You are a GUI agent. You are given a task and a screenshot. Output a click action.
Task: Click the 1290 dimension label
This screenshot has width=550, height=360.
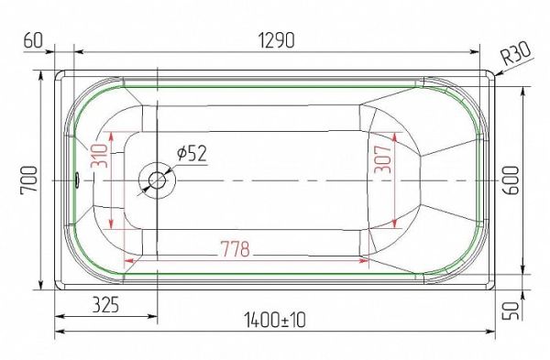pos(277,40)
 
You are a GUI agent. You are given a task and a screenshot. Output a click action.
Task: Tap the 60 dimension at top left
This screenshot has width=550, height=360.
pos(33,40)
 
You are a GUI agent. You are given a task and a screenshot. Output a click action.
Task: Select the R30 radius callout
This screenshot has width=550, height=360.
pos(515,53)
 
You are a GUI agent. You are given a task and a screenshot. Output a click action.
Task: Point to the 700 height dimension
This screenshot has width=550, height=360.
pos(28,180)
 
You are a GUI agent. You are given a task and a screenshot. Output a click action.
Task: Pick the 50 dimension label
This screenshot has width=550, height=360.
pos(511,311)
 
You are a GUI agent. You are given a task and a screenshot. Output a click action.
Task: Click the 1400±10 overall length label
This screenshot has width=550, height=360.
pos(275,320)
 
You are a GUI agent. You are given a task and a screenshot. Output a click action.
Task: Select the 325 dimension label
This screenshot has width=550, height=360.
pos(106,305)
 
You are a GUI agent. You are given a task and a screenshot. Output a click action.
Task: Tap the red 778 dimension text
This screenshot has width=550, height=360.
pos(235,248)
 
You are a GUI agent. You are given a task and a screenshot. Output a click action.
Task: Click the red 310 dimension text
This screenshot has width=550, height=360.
pos(99,156)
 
